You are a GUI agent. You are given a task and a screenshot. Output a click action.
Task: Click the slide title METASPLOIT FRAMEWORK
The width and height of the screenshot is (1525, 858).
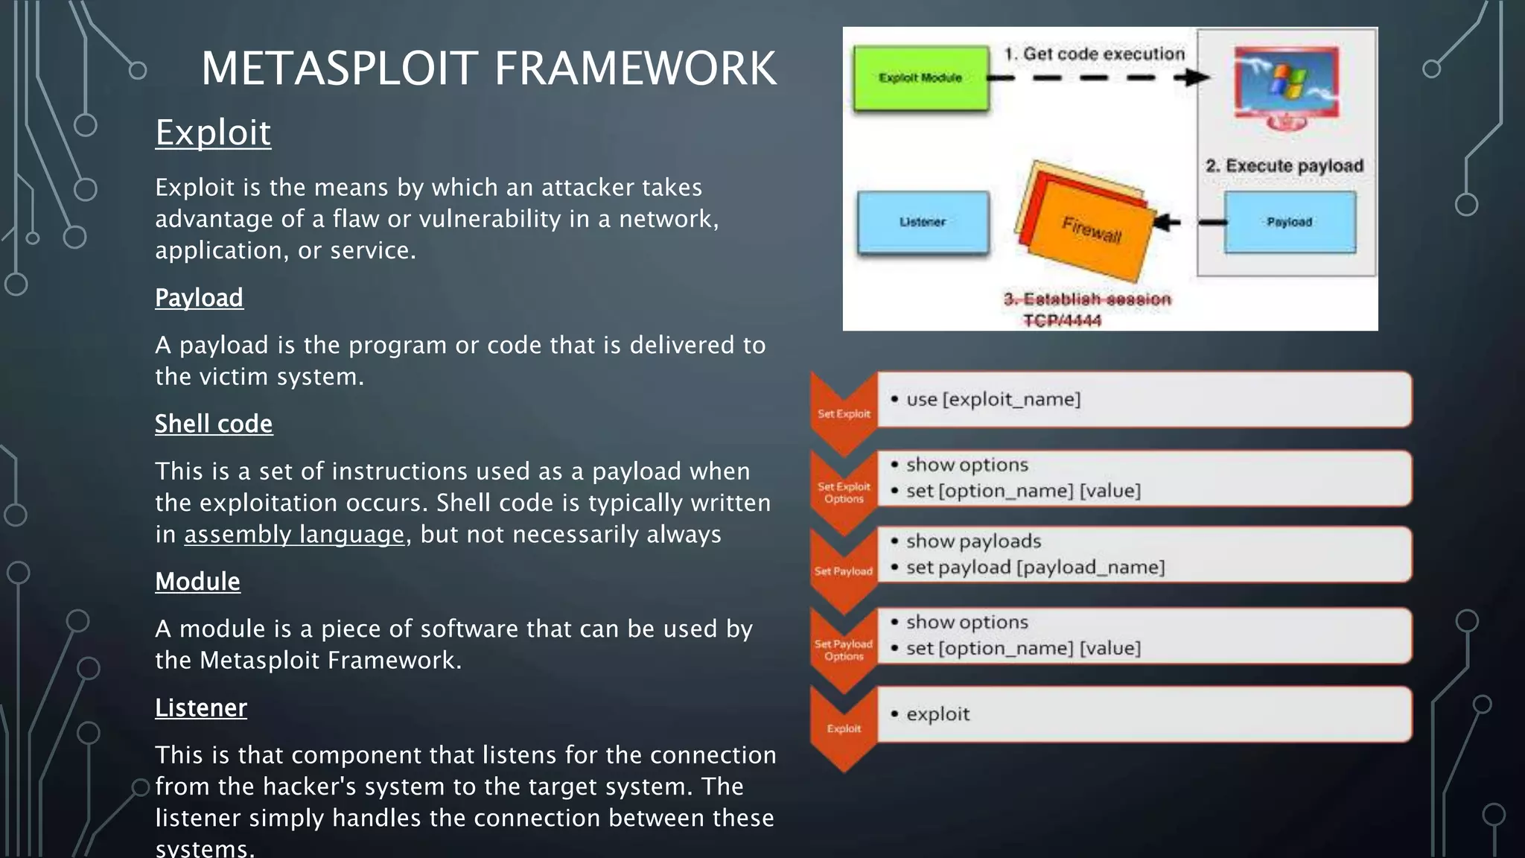click(x=488, y=69)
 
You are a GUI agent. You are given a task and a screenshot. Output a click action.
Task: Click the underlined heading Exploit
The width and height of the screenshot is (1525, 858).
click(x=213, y=133)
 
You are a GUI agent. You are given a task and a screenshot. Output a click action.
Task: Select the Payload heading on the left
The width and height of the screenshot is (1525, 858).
click(x=199, y=298)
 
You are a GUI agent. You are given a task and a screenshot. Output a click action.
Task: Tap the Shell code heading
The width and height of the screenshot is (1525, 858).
click(x=214, y=424)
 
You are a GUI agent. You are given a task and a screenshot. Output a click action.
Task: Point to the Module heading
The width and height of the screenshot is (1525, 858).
click(x=197, y=582)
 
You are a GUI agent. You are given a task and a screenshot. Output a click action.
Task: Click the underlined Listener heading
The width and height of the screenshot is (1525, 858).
click(x=201, y=708)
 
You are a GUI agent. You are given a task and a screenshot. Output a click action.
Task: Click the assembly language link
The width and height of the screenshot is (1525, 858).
click(x=294, y=535)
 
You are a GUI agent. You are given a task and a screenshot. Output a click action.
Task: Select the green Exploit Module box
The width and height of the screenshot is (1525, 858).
click(x=921, y=78)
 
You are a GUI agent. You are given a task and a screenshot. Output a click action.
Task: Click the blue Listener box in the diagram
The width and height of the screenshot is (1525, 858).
click(x=923, y=222)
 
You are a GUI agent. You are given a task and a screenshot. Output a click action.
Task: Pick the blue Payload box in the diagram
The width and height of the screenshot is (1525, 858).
click(x=1290, y=222)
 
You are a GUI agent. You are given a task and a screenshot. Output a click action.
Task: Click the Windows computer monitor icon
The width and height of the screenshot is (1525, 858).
click(x=1286, y=86)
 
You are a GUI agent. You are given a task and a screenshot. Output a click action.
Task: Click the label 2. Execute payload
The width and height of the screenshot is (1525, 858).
click(x=1284, y=166)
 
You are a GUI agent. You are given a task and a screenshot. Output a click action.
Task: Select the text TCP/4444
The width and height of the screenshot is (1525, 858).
click(x=1062, y=320)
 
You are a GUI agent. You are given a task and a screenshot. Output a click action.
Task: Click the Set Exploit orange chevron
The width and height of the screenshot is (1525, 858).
click(x=844, y=413)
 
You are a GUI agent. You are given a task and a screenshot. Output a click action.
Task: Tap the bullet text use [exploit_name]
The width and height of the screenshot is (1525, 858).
click(x=993, y=399)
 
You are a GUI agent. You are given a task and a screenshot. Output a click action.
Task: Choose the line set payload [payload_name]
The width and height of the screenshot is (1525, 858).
click(x=1035, y=568)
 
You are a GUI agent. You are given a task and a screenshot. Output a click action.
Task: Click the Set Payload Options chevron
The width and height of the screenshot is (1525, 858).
click(x=844, y=649)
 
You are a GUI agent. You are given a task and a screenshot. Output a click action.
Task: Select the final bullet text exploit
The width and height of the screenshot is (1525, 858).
click(x=938, y=714)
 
